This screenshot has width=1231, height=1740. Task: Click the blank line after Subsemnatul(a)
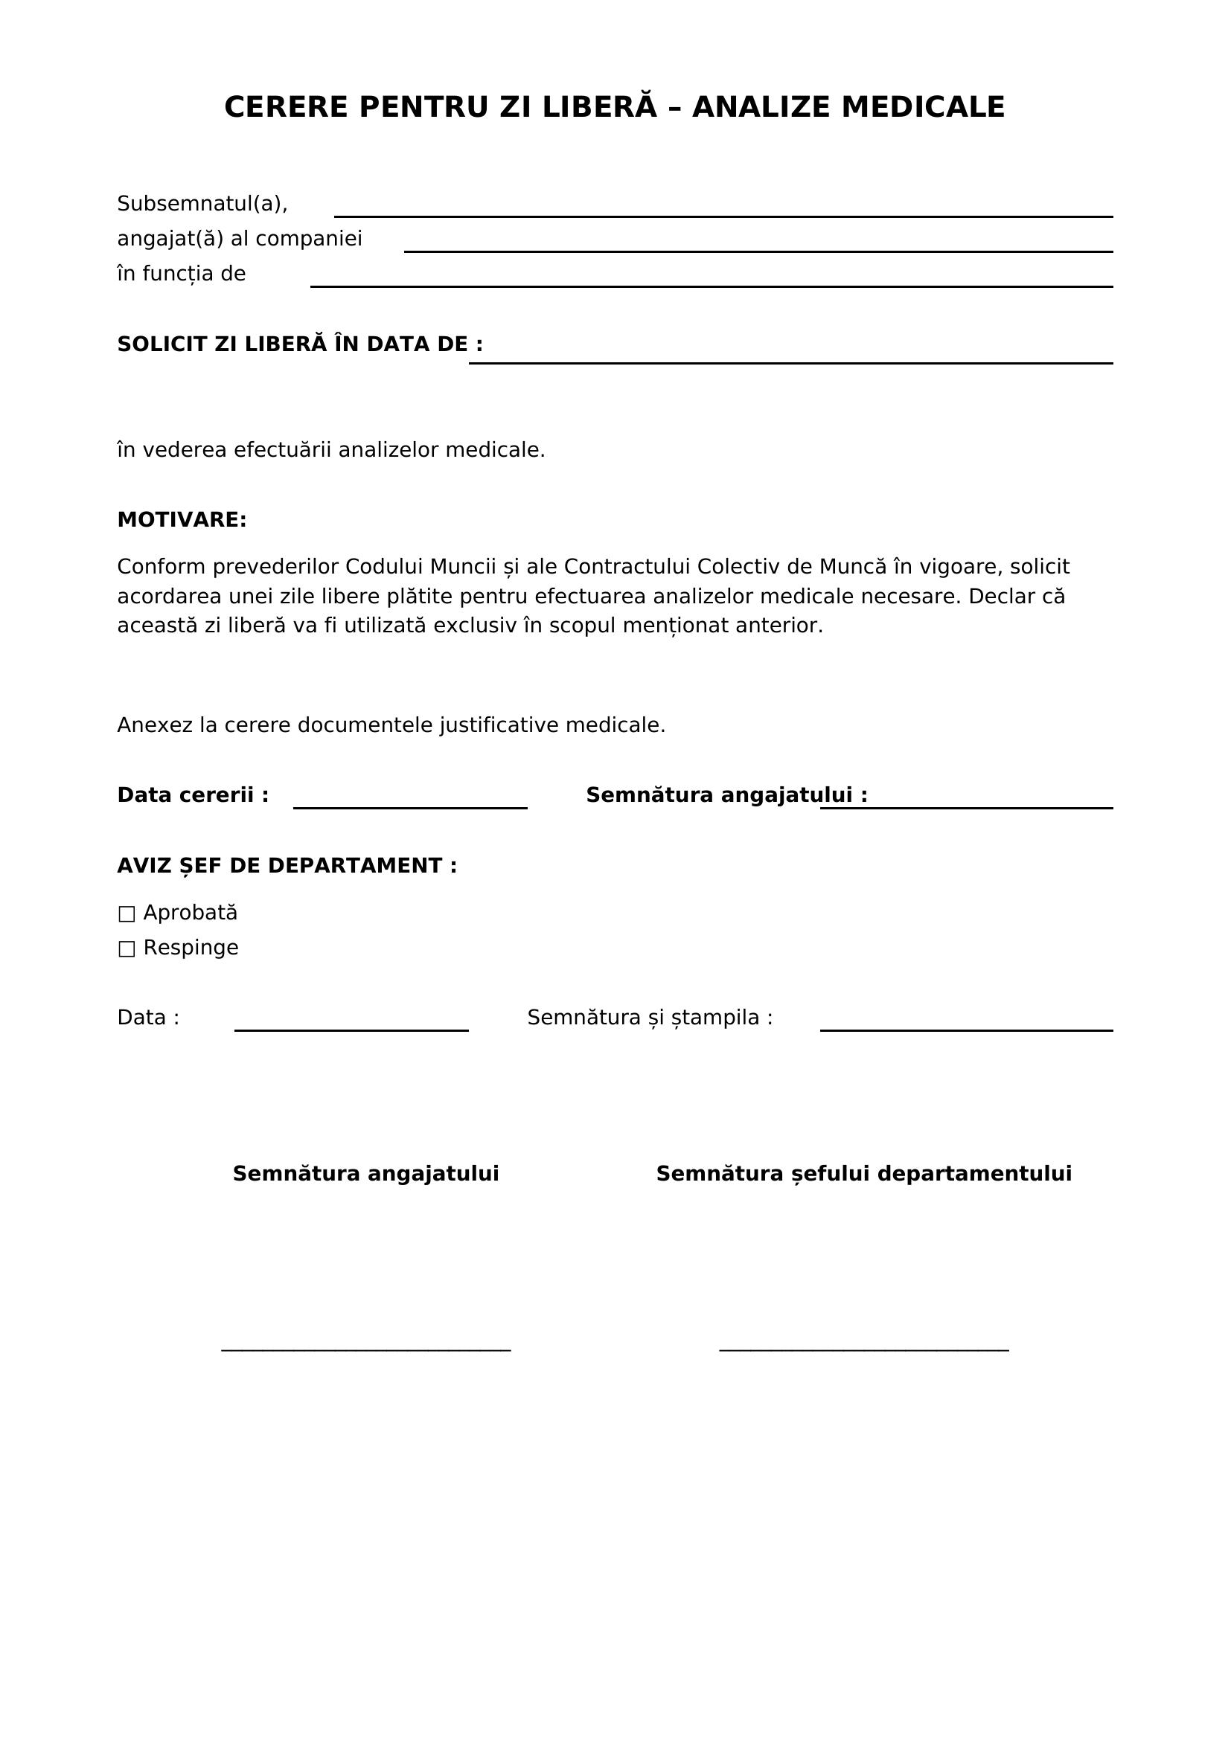point(723,214)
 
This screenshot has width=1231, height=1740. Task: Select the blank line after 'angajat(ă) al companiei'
point(758,249)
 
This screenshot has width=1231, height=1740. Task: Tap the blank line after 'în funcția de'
point(711,284)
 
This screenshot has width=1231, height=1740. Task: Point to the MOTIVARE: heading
point(182,520)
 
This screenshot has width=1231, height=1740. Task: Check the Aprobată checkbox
point(127,914)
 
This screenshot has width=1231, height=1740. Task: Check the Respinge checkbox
point(127,948)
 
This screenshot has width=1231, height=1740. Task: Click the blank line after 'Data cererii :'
point(410,806)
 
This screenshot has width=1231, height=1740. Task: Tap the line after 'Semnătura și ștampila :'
point(967,1028)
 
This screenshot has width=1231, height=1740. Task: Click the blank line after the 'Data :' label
point(351,1028)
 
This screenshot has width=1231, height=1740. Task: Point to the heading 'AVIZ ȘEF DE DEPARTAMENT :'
point(287,865)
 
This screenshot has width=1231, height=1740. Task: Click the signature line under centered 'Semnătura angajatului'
point(366,1349)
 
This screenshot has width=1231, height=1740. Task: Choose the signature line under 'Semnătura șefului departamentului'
point(864,1349)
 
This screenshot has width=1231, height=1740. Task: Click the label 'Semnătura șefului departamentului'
point(864,1174)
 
